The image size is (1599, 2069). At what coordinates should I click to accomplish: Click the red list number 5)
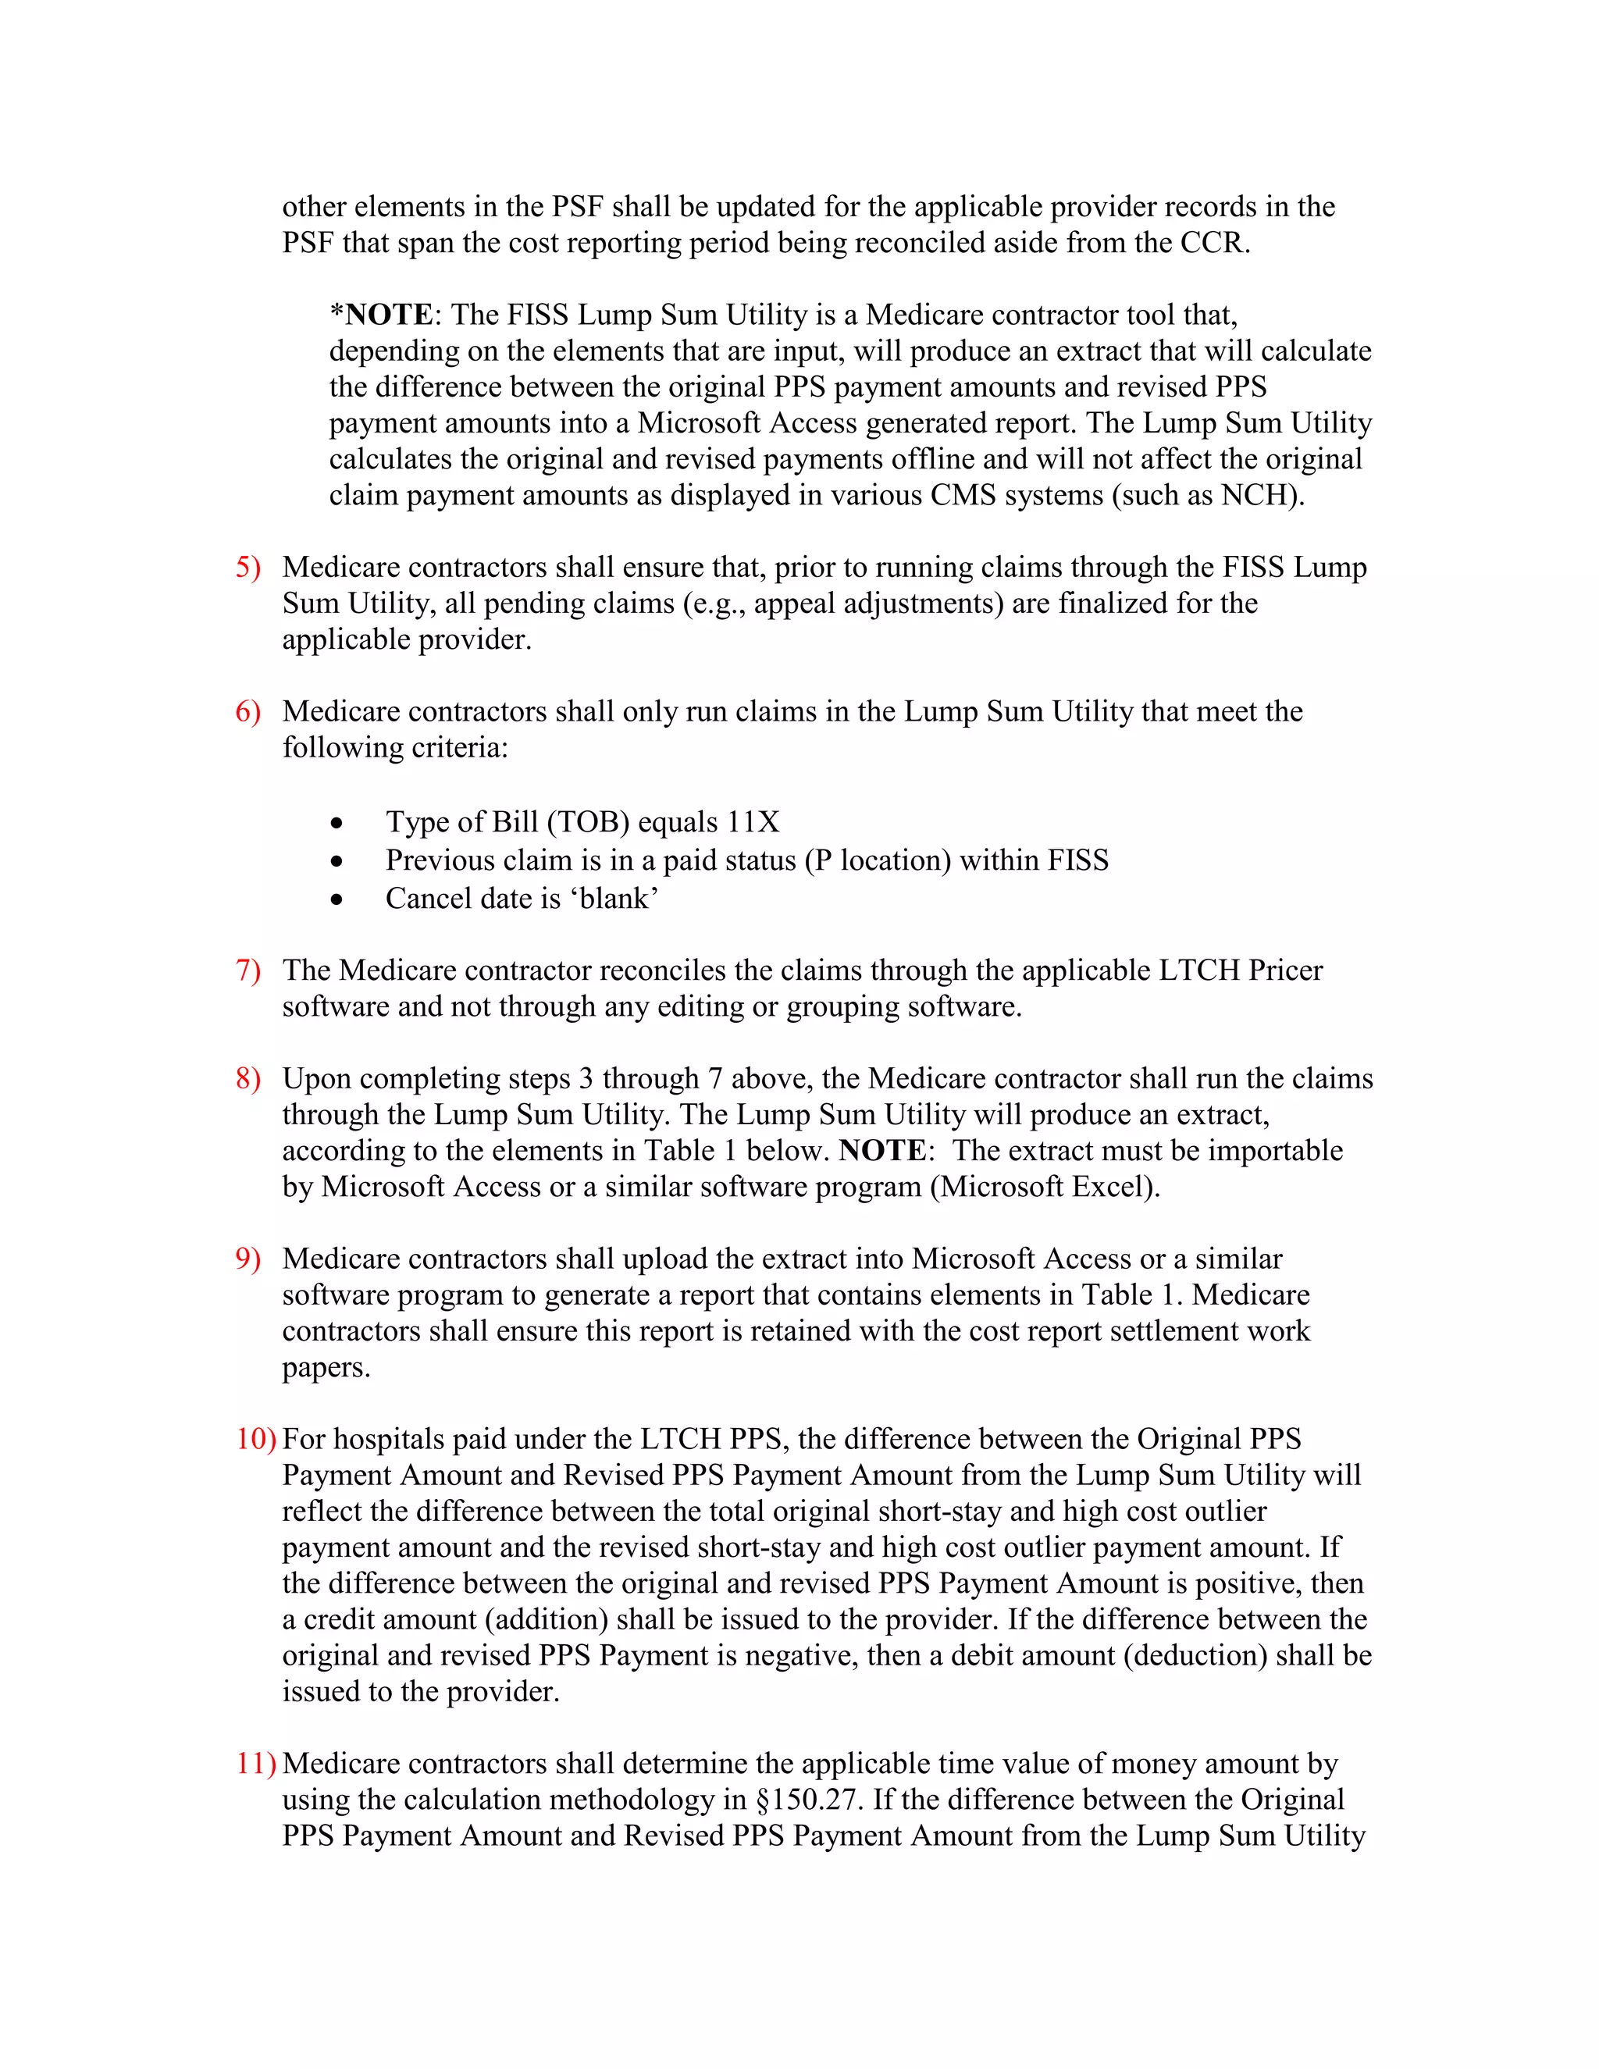pos(248,568)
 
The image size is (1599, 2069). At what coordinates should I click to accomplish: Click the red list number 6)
pos(248,711)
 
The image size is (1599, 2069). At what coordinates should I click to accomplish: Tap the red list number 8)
pos(248,1078)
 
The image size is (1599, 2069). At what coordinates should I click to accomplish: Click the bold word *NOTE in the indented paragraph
pos(381,315)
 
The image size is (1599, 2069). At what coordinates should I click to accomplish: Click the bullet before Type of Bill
pos(337,823)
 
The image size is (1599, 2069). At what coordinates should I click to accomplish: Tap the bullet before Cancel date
pos(337,899)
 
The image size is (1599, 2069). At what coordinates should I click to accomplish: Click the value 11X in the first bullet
pos(753,821)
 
